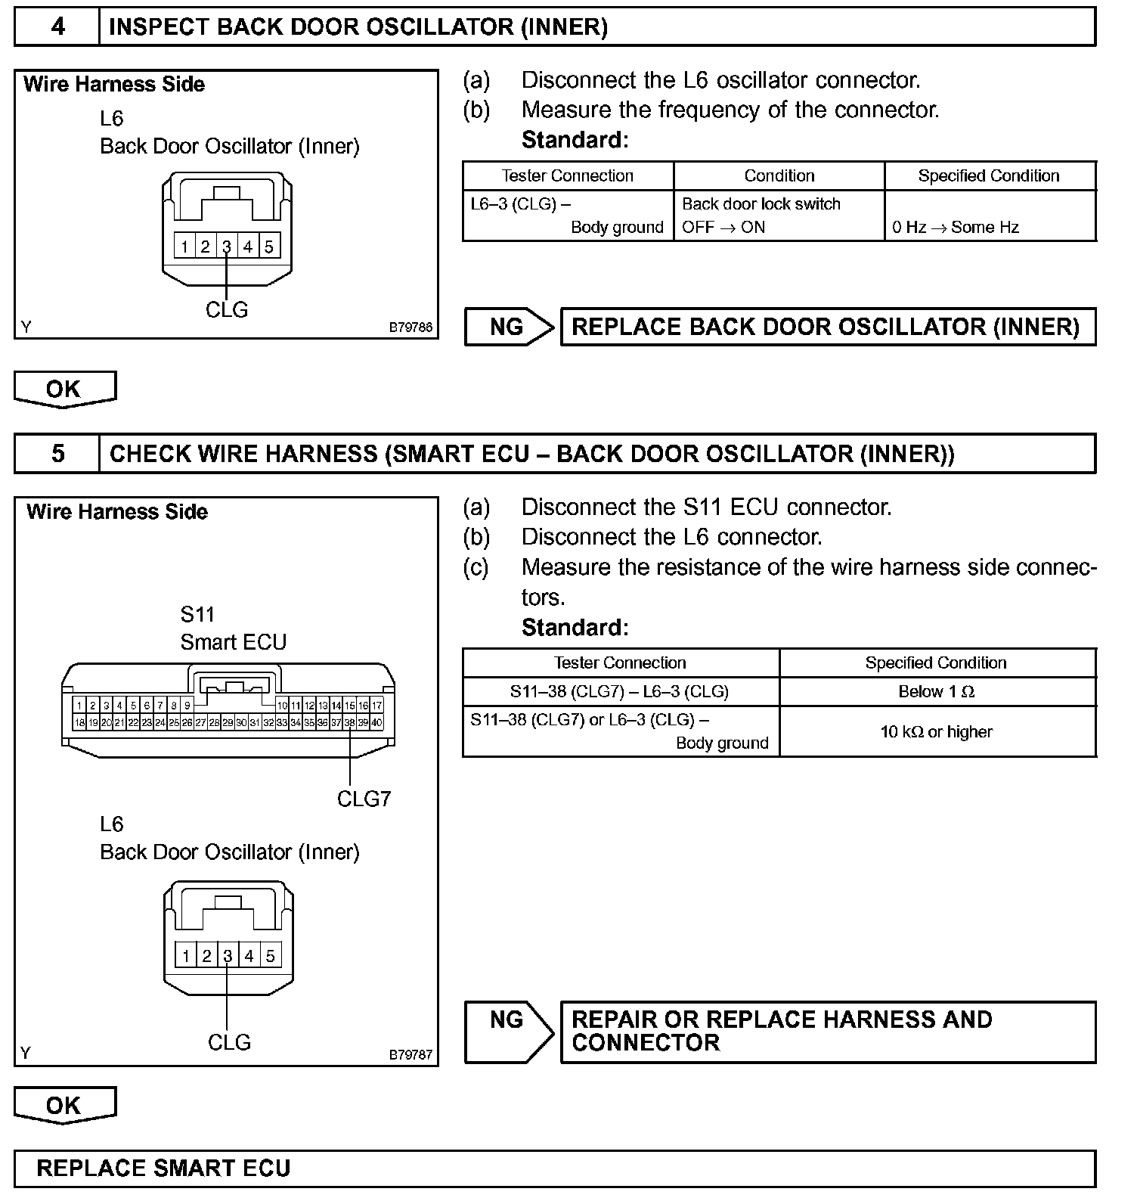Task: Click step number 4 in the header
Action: pos(57,27)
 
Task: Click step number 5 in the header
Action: pos(57,454)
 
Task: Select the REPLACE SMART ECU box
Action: pos(554,1168)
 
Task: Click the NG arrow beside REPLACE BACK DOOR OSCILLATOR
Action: pos(509,327)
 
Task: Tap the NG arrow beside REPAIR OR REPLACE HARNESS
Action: pos(509,1032)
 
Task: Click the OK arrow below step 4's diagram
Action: pos(64,389)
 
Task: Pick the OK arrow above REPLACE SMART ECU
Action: pos(64,1105)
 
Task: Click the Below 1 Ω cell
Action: pos(937,691)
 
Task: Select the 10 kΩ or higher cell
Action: pos(937,731)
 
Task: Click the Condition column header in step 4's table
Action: pos(779,175)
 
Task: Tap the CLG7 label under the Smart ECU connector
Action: pos(364,799)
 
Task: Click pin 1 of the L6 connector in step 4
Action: pos(184,246)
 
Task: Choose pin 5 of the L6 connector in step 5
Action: pos(270,955)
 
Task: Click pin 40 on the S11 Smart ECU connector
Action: pos(377,723)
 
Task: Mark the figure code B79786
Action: pos(410,327)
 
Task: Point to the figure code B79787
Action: pos(410,1054)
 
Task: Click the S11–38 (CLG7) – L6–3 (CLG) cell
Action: pos(620,691)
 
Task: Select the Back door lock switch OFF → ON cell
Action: pos(779,216)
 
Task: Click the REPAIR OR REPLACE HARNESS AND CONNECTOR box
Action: pos(828,1032)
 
